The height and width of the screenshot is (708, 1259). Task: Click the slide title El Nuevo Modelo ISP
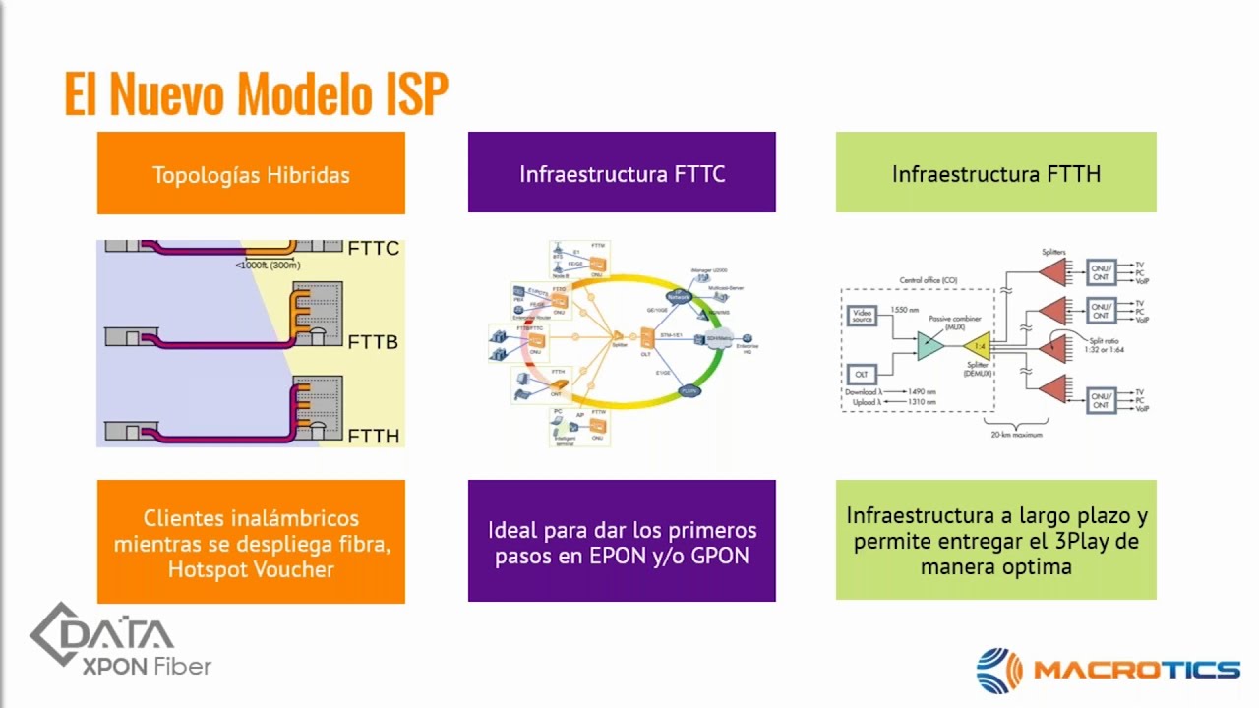[x=257, y=93]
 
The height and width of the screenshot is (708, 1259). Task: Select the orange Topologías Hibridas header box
[x=251, y=174]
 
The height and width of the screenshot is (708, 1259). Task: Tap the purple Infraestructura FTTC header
[x=622, y=173]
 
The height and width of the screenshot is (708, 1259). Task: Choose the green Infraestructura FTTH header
[x=995, y=173]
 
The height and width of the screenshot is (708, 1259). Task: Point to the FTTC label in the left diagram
[x=374, y=249]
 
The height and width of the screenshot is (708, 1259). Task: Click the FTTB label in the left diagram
[x=374, y=342]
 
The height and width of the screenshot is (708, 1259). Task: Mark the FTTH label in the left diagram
[x=374, y=436]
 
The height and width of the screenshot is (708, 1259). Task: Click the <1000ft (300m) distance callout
[x=268, y=265]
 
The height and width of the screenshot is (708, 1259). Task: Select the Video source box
[x=862, y=316]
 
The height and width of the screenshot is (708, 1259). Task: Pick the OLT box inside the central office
[x=862, y=375]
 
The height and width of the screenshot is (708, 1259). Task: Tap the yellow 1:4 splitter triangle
[x=976, y=346]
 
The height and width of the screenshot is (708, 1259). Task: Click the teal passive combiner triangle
[x=929, y=345]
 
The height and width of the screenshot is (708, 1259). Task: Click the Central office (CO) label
[x=928, y=280]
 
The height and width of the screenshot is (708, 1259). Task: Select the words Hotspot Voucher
[x=251, y=569]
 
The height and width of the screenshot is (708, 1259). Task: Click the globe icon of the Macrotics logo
[x=999, y=671]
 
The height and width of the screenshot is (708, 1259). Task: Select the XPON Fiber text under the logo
[x=147, y=667]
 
